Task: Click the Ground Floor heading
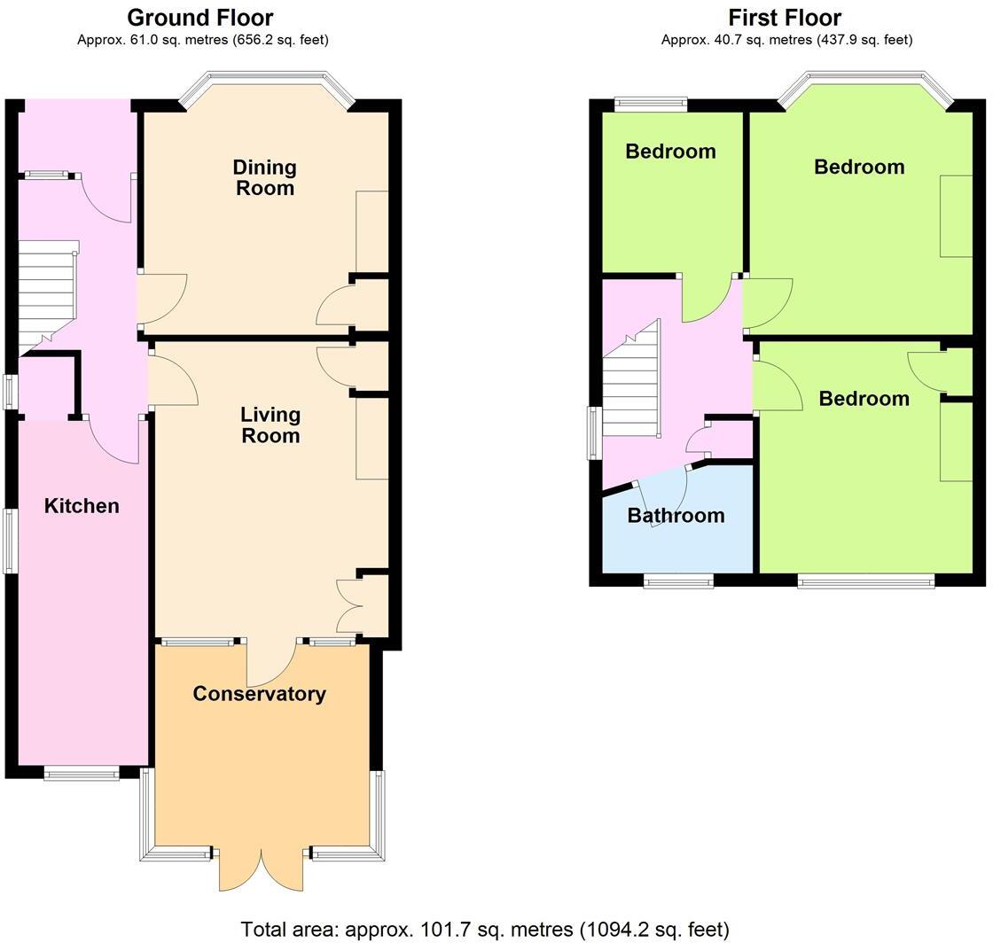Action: point(200,18)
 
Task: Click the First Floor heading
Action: point(785,18)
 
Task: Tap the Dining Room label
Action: point(264,177)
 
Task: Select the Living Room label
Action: point(270,425)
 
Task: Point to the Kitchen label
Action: point(82,506)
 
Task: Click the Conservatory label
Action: point(259,694)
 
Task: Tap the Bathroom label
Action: point(676,516)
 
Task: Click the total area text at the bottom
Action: point(485,930)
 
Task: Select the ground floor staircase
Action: point(46,292)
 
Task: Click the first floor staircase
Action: point(630,386)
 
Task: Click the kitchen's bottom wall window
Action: point(82,774)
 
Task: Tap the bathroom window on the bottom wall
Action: point(678,581)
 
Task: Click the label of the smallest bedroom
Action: point(670,152)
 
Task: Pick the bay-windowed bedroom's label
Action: point(859,167)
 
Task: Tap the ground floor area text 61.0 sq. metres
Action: point(203,40)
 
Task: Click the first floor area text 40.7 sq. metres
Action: point(786,40)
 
